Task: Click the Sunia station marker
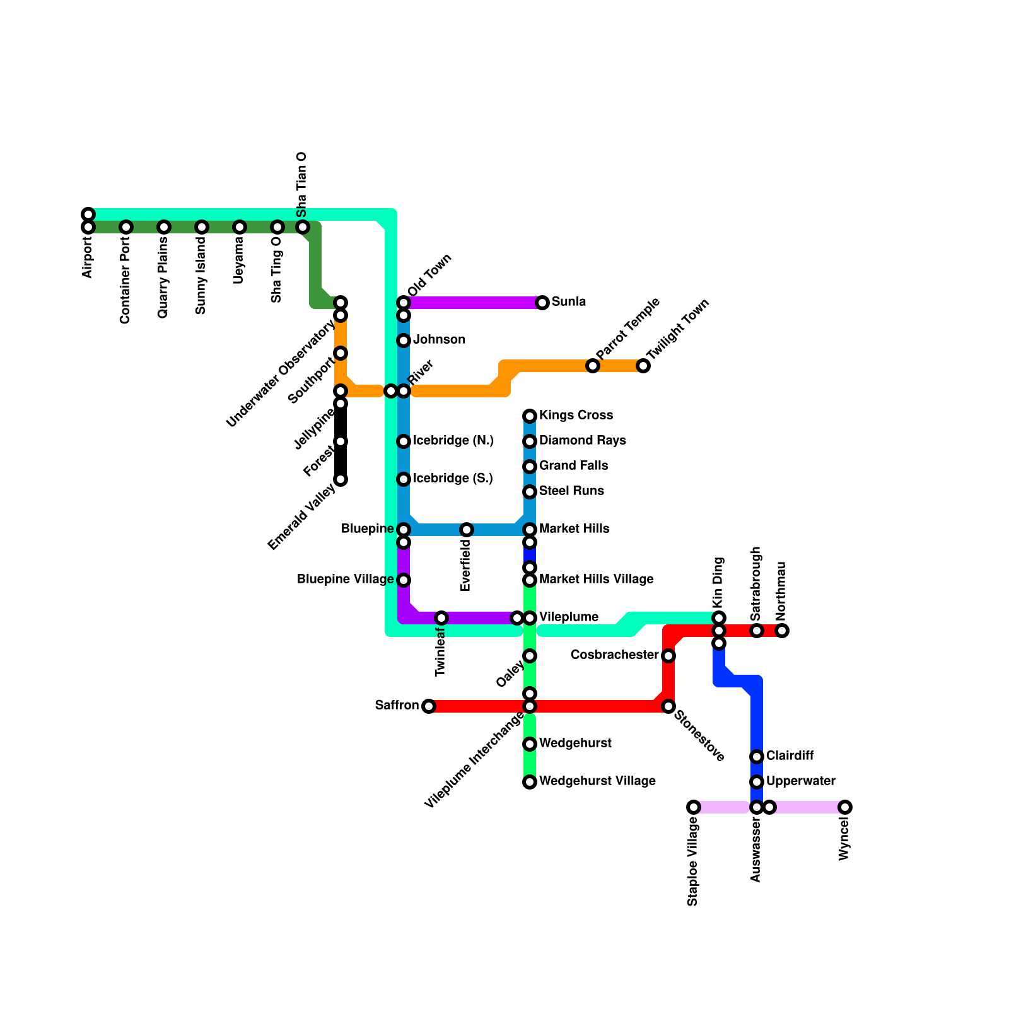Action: (542, 303)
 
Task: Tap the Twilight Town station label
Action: (679, 330)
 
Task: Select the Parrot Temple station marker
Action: (593, 366)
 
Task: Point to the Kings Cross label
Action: (576, 415)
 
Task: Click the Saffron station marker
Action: (429, 706)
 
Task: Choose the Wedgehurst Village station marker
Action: (530, 782)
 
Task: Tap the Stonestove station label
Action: (699, 735)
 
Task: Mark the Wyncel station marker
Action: (845, 807)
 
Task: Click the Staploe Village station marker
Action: (694, 807)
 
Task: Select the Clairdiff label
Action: (790, 755)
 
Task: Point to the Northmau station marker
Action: (782, 631)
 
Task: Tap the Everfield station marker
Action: (467, 530)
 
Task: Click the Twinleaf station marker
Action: (441, 618)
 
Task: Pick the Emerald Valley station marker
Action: (341, 479)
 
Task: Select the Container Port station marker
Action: (126, 227)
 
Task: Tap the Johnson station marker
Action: (404, 341)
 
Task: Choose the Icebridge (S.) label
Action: (453, 478)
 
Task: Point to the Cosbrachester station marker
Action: (668, 656)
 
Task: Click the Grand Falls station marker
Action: (530, 467)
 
